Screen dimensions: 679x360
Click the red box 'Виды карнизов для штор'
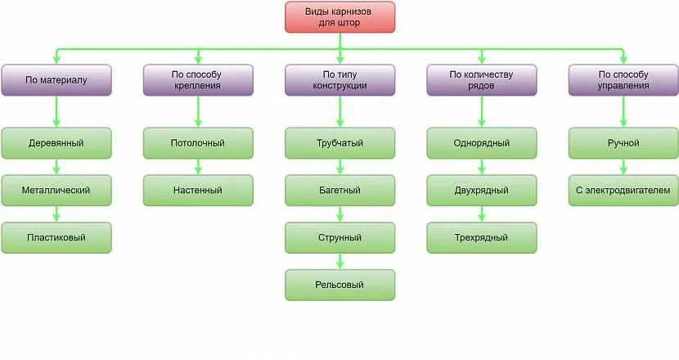340,17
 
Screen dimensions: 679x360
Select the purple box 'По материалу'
56,80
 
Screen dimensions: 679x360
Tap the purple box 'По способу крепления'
198,80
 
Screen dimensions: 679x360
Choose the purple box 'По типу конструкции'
340,80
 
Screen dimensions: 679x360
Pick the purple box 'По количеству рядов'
482,80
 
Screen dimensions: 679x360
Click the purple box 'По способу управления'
623,80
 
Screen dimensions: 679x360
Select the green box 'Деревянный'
56,143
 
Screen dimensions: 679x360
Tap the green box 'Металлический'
56,190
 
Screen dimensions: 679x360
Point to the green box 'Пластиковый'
56,237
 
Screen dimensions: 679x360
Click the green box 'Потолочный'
198,143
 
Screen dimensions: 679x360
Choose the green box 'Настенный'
198,190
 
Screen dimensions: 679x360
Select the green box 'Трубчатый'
340,143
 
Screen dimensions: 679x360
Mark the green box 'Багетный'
340,190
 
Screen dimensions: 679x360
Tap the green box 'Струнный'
340,237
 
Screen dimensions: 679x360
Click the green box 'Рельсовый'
340,285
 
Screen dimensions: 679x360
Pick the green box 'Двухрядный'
482,190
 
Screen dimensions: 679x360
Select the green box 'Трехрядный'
482,237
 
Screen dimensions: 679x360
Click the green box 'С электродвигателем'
623,190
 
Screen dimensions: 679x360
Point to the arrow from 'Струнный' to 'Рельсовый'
340,261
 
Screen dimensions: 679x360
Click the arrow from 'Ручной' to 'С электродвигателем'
623,167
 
